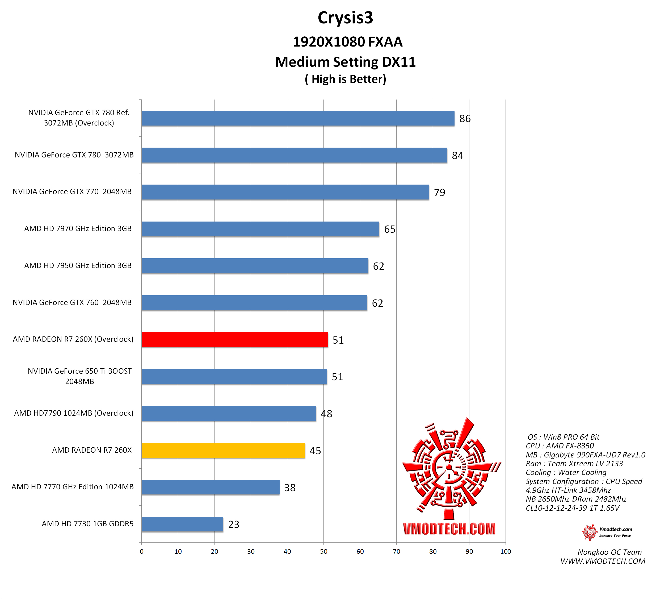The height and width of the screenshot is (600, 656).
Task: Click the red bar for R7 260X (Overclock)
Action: pos(235,340)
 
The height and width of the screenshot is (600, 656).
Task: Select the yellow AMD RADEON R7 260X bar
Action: pos(223,450)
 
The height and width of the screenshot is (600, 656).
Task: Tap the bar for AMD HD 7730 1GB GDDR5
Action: pos(182,524)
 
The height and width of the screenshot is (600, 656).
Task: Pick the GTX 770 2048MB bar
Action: pos(285,192)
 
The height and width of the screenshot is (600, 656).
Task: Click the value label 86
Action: pos(465,119)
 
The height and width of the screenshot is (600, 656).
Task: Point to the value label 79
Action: pos(439,192)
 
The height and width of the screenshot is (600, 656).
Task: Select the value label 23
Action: pos(234,524)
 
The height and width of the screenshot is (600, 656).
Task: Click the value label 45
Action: pos(315,451)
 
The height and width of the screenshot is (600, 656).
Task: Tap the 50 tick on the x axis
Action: pos(323,552)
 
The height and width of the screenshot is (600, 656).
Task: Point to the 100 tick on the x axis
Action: pos(505,552)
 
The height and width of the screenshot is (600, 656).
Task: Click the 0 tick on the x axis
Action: pos(142,552)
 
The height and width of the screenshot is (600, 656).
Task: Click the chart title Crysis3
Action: pos(345,18)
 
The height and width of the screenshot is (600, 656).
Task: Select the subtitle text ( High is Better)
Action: pos(345,79)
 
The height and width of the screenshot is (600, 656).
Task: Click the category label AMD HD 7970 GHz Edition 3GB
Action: pos(78,228)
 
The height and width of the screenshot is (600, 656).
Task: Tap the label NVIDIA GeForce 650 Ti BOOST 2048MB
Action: pos(79,376)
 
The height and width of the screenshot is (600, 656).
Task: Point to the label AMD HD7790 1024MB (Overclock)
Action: pos(74,413)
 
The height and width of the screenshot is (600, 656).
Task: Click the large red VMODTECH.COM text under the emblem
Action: pos(449,529)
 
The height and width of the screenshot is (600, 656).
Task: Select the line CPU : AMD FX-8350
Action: pos(560,446)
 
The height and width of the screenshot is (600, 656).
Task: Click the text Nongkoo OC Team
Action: pos(609,552)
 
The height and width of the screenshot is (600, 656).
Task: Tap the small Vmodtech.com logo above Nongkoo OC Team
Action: pos(607,532)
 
